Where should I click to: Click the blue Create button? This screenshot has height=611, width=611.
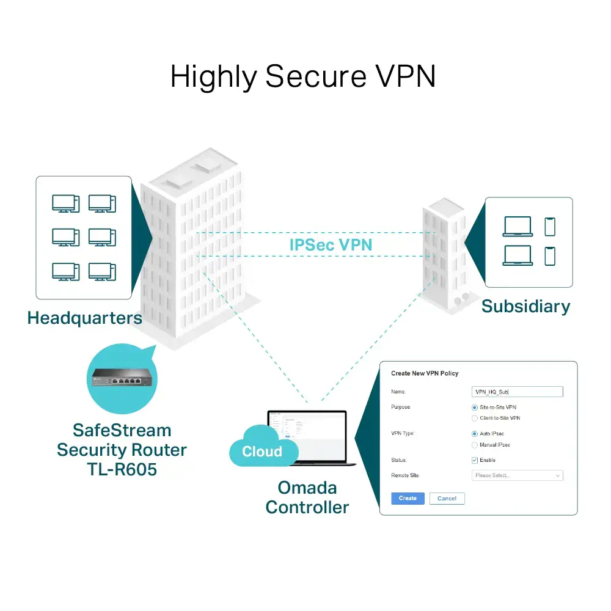point(408,498)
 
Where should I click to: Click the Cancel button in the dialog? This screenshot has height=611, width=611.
point(447,498)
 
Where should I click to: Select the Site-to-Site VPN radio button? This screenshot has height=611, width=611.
point(475,407)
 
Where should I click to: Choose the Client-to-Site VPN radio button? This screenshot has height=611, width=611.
point(475,418)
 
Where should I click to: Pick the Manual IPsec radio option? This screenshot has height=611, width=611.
point(475,445)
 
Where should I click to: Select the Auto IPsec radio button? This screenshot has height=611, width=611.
point(475,434)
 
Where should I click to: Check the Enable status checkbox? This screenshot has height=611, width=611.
point(475,460)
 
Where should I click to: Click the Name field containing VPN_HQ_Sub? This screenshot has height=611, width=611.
point(517,392)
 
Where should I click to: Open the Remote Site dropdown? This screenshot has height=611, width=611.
point(517,475)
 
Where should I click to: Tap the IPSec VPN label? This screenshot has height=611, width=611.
point(331,245)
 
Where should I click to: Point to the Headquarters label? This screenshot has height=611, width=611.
point(84,318)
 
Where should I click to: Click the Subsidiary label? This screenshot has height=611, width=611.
point(525,306)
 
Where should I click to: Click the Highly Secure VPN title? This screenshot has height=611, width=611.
point(303,78)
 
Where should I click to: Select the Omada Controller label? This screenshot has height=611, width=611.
point(307,497)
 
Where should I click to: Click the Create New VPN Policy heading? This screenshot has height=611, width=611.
point(424,373)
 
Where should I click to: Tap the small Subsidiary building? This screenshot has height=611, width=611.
point(443,257)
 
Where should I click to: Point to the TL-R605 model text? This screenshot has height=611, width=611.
point(122,470)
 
